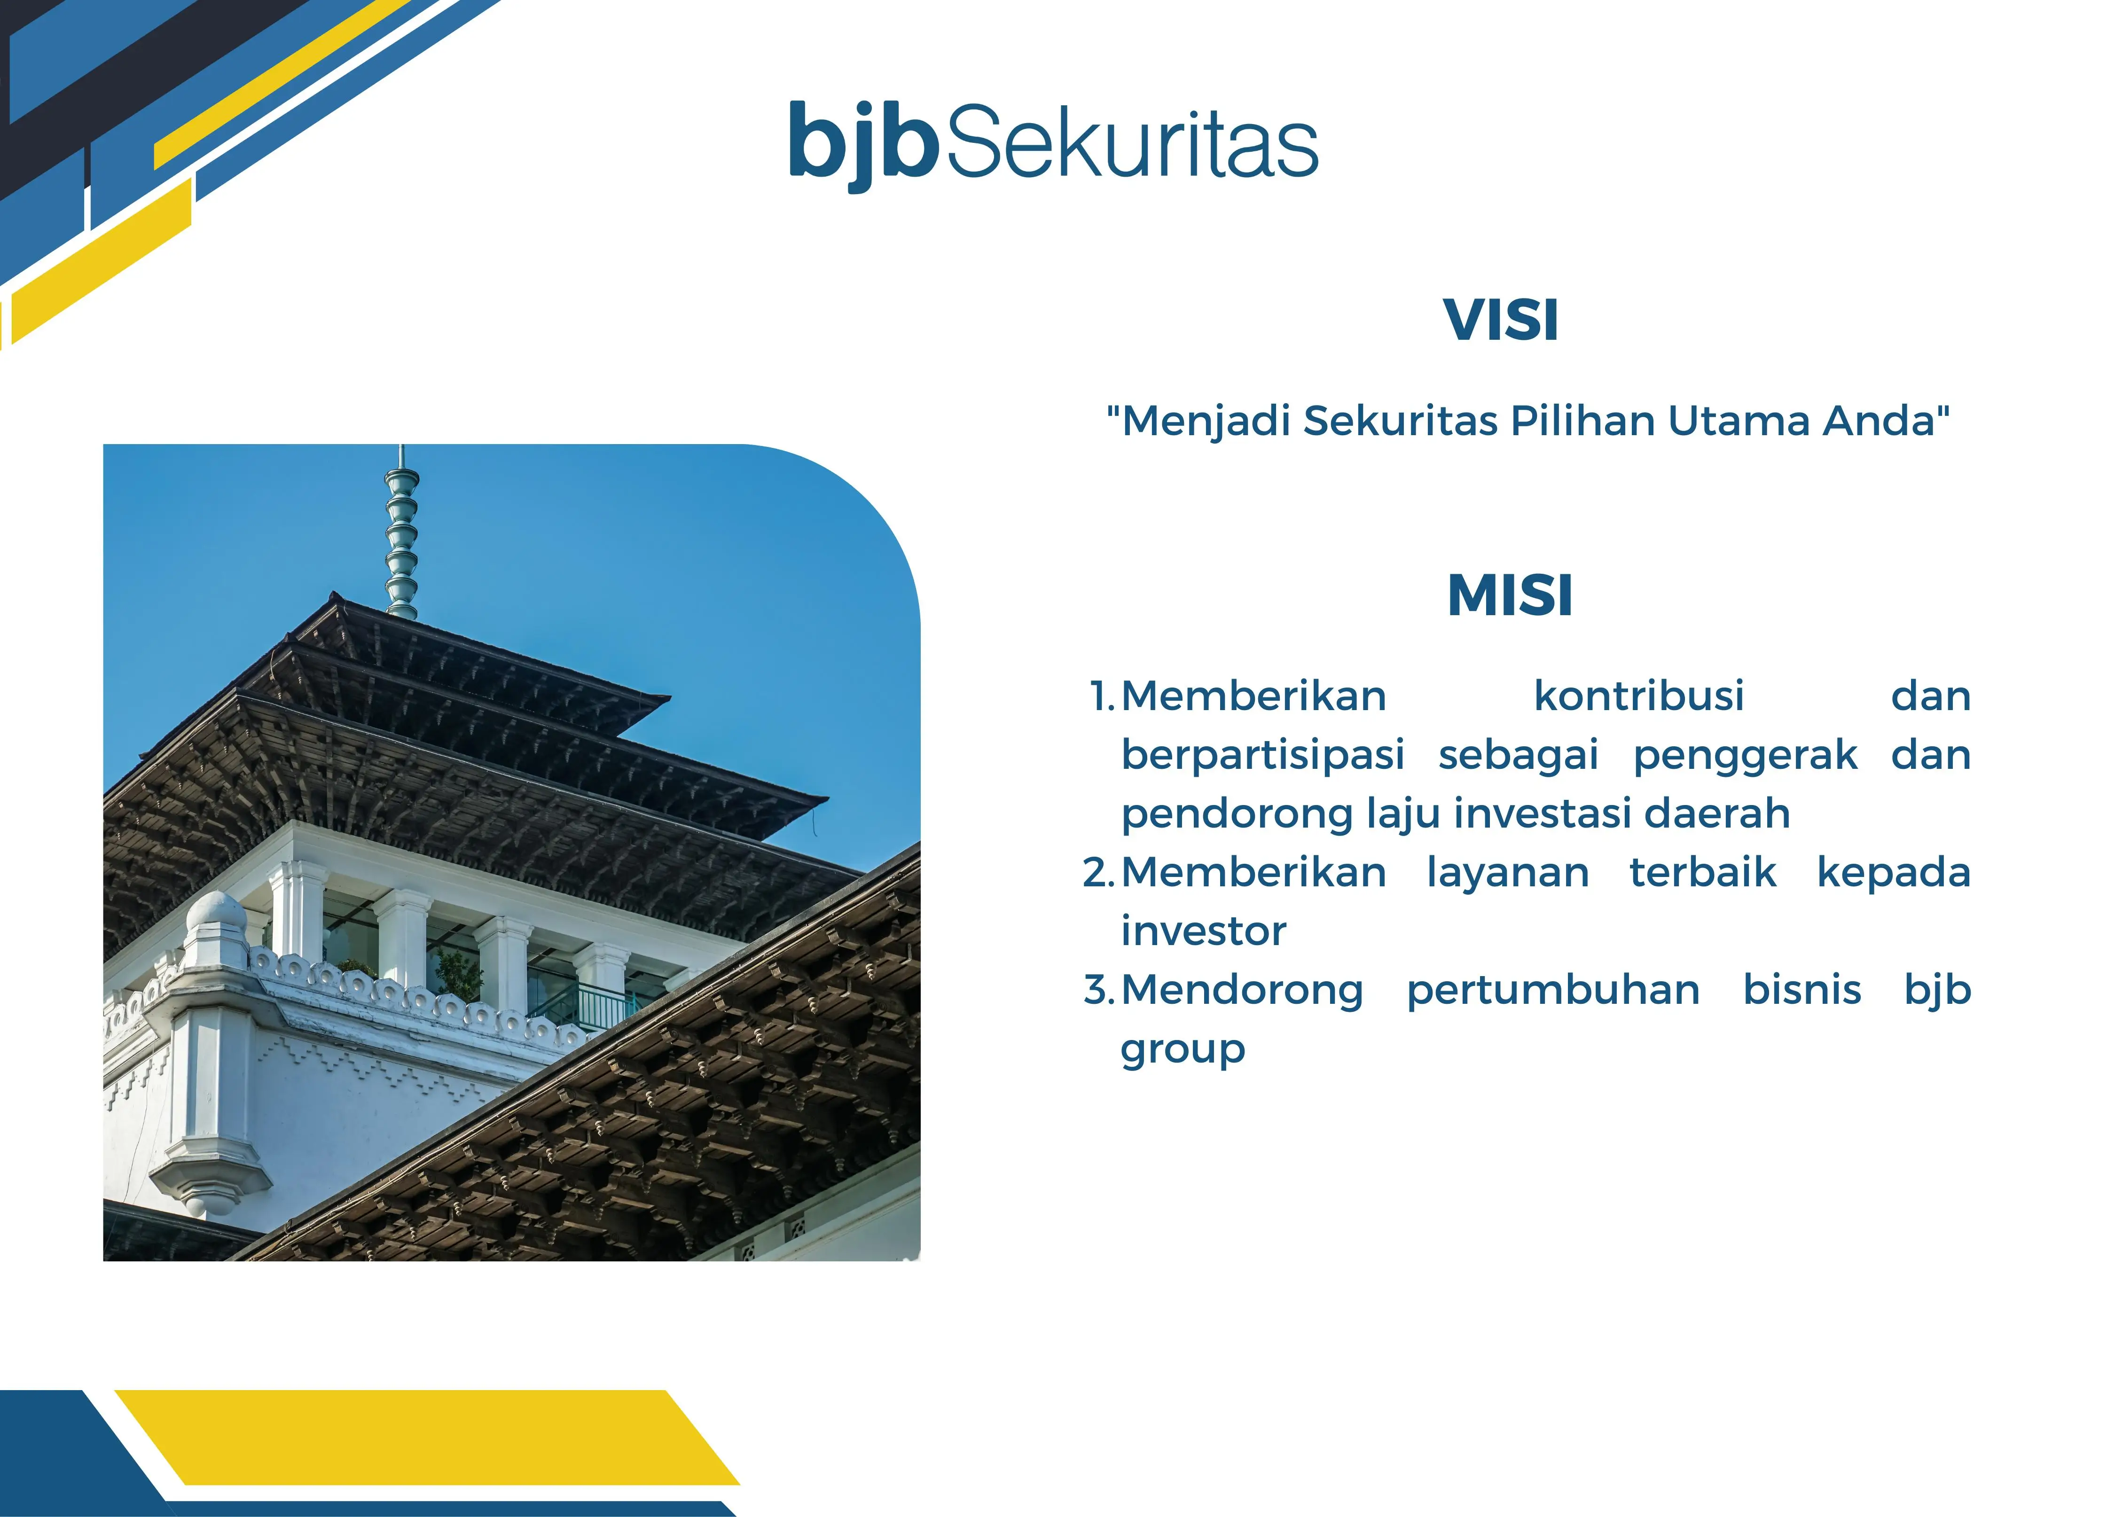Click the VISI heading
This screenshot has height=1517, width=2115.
click(x=1500, y=321)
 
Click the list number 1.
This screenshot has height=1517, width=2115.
click(x=1102, y=696)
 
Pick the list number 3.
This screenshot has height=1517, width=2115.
click(x=1099, y=990)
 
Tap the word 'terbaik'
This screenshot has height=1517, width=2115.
click(x=1703, y=873)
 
